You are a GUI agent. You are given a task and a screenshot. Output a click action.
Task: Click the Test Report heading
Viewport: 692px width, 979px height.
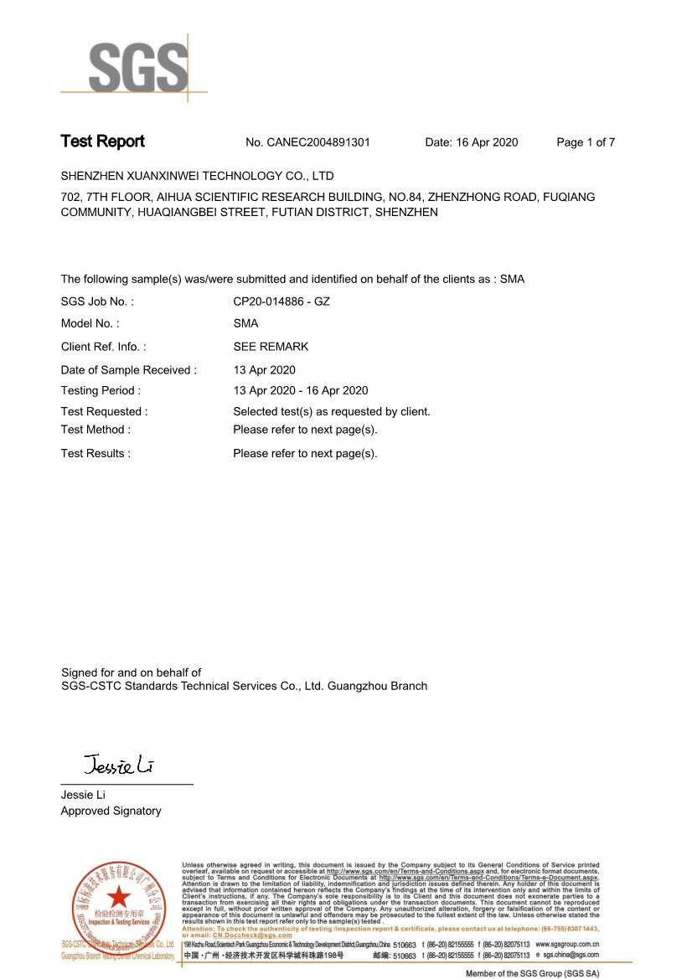coord(102,142)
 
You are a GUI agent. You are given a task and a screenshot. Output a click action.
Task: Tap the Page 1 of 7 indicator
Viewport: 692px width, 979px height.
coord(586,142)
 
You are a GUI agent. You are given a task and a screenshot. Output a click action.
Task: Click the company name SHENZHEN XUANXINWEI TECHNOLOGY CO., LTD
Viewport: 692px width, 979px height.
coord(198,176)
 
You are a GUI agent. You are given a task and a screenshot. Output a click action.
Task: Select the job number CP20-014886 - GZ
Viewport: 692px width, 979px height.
coord(281,301)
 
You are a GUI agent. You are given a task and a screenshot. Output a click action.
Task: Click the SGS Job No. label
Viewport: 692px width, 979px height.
coord(97,301)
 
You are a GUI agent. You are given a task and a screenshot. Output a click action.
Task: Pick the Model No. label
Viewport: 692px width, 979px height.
coord(90,323)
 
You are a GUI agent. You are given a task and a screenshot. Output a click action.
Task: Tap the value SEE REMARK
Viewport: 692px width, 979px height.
coord(271,347)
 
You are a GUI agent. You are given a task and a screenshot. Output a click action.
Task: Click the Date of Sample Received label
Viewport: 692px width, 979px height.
coord(129,370)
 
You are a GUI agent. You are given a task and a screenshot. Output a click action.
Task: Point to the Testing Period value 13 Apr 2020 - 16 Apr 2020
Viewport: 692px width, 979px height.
coord(301,390)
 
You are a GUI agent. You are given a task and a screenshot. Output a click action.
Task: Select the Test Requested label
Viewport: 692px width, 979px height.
coord(105,411)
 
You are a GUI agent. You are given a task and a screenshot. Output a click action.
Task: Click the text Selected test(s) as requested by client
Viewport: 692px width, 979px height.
coord(332,411)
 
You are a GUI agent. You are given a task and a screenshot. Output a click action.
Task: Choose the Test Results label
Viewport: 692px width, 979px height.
coord(96,454)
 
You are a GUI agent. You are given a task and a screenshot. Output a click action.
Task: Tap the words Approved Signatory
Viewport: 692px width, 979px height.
coord(111,811)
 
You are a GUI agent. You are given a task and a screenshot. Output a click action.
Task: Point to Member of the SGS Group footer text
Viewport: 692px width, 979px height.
coord(533,973)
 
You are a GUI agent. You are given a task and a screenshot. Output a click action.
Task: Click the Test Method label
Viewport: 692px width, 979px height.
coord(96,430)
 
